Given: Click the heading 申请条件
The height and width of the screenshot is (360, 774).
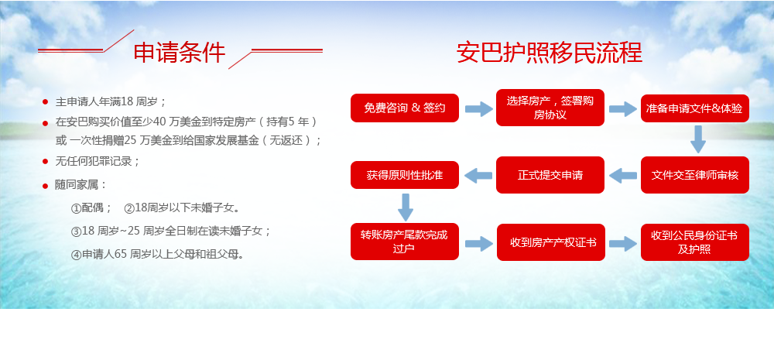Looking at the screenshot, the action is [x=180, y=53].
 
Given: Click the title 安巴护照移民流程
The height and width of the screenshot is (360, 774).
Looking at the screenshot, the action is [x=550, y=53].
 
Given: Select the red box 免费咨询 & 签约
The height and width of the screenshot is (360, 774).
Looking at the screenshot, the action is [x=405, y=108].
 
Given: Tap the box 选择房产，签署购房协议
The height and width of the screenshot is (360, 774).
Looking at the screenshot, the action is [x=550, y=108].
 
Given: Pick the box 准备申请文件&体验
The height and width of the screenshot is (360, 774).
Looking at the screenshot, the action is [x=695, y=108].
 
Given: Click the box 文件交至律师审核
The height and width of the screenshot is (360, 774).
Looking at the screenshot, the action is [x=695, y=175].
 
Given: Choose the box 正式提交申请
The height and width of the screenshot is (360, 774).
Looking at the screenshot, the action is [x=550, y=175].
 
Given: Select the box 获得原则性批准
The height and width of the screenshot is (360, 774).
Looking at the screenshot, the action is [x=405, y=175].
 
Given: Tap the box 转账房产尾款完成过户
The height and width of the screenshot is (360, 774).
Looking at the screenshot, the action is [x=405, y=242].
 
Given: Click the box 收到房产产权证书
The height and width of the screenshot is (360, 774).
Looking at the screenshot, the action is [x=551, y=242].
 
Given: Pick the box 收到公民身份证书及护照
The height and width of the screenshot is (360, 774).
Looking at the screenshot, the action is [x=695, y=242].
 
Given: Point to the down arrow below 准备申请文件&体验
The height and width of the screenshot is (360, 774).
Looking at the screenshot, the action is [x=697, y=139].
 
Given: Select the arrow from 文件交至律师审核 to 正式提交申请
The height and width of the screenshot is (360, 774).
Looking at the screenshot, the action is [x=623, y=175].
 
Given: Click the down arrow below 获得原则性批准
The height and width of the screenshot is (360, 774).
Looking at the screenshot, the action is [x=406, y=207].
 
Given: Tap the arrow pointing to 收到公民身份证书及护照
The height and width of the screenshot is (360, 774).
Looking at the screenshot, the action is [x=623, y=243].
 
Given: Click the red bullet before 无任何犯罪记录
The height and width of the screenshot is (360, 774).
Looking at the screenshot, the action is [x=46, y=162].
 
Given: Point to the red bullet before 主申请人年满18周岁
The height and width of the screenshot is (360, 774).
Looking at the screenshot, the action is [x=46, y=102].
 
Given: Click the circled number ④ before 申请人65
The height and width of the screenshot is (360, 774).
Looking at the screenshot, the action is [x=76, y=255].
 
